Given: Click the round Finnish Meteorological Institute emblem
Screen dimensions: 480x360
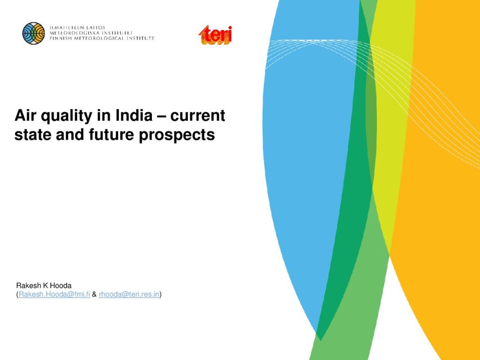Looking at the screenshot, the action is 34,33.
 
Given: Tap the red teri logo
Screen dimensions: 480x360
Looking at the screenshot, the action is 215,35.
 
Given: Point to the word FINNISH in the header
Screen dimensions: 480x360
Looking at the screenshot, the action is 60,38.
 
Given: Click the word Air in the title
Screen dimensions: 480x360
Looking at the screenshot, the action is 26,115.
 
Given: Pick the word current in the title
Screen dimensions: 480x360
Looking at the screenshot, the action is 198,115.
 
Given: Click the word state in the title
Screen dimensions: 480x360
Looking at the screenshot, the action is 33,135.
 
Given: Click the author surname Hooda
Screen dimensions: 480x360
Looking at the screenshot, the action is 60,285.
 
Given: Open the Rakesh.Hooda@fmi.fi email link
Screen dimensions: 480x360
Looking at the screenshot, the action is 54,294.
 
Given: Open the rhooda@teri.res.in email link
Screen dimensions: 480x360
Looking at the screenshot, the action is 129,294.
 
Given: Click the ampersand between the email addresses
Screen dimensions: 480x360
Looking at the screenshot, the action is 94,294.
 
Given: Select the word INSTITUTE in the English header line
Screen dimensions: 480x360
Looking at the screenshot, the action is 141,38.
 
